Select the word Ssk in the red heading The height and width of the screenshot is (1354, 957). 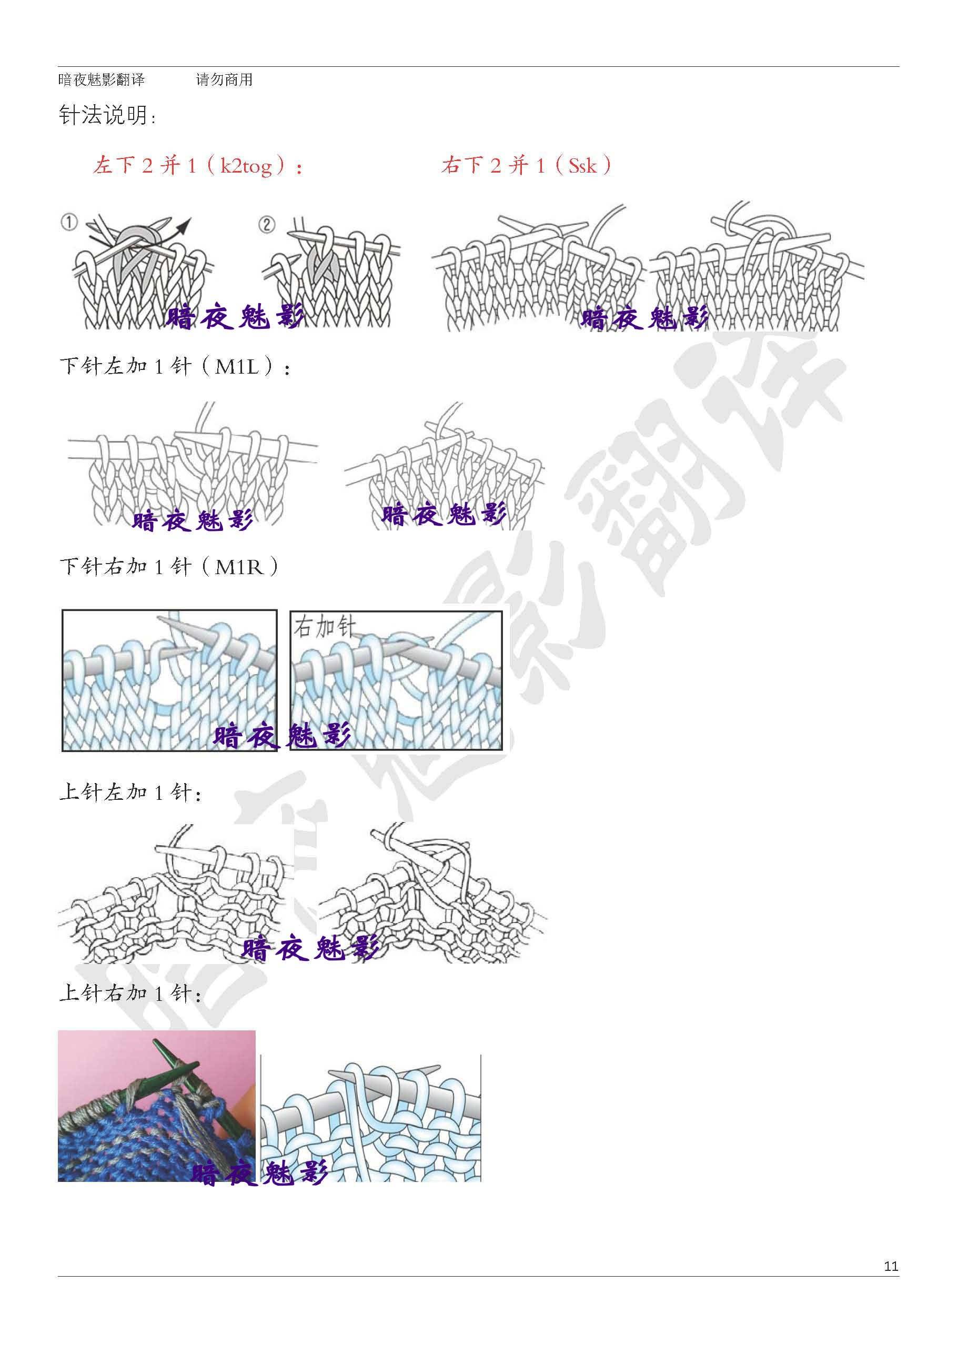tap(582, 166)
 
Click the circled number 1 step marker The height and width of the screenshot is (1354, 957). tap(69, 223)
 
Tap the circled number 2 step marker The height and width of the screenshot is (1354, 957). tap(267, 224)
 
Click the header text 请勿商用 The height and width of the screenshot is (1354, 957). tap(224, 79)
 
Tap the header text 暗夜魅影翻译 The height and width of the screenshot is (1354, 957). tap(102, 79)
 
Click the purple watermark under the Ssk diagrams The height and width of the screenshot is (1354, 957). tap(644, 318)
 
